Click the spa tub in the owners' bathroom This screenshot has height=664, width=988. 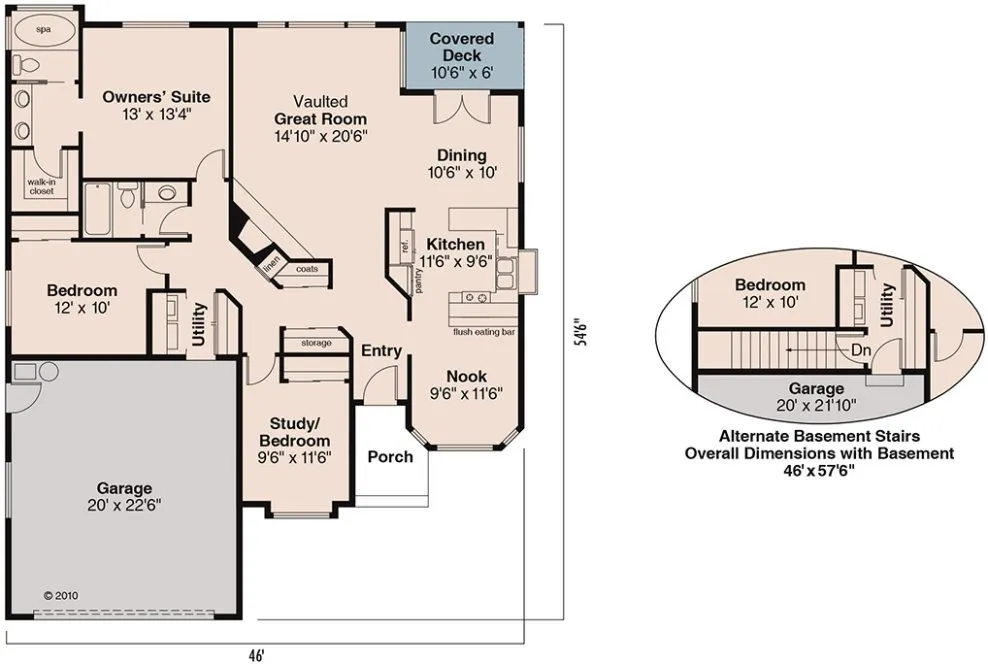(43, 30)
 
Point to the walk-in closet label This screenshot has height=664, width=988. (41, 186)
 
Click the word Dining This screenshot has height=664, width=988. (462, 155)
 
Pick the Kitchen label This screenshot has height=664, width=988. (455, 244)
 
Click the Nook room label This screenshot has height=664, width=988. (466, 376)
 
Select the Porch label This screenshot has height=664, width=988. (390, 456)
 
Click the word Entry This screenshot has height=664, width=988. (381, 350)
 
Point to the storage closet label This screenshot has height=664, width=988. (316, 343)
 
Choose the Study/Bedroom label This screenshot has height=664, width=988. (294, 433)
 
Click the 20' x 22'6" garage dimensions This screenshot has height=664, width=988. (125, 507)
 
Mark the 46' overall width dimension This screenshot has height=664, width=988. (256, 655)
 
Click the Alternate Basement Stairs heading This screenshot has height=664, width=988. (818, 436)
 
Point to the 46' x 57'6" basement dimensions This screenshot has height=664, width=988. (818, 469)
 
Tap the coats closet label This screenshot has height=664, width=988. (307, 268)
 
